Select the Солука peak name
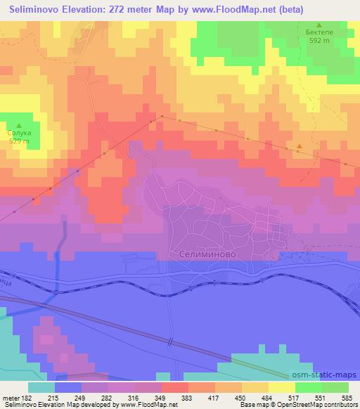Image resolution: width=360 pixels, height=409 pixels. pos(19,132)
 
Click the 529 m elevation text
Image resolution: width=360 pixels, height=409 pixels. pos(19,141)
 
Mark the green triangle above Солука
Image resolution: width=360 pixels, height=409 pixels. pos(19,124)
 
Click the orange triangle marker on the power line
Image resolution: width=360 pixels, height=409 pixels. pos(300,147)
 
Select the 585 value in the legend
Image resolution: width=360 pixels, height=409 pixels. pos(345,397)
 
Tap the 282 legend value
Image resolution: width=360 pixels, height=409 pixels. pos(106,397)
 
